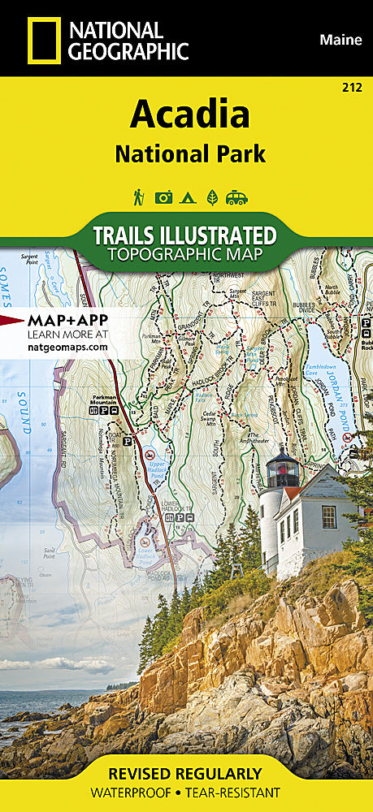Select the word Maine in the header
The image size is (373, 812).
click(x=340, y=39)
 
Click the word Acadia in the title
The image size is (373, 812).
click(x=189, y=116)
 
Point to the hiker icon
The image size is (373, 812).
click(x=139, y=197)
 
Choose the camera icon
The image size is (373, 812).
click(x=163, y=197)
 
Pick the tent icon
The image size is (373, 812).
click(x=188, y=197)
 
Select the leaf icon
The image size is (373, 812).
click(x=212, y=197)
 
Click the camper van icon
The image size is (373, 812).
click(x=237, y=197)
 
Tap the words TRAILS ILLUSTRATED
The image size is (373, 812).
click(x=184, y=236)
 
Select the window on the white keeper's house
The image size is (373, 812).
click(x=328, y=516)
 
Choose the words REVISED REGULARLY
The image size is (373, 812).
click(x=186, y=773)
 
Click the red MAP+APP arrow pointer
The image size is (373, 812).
click(x=12, y=319)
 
